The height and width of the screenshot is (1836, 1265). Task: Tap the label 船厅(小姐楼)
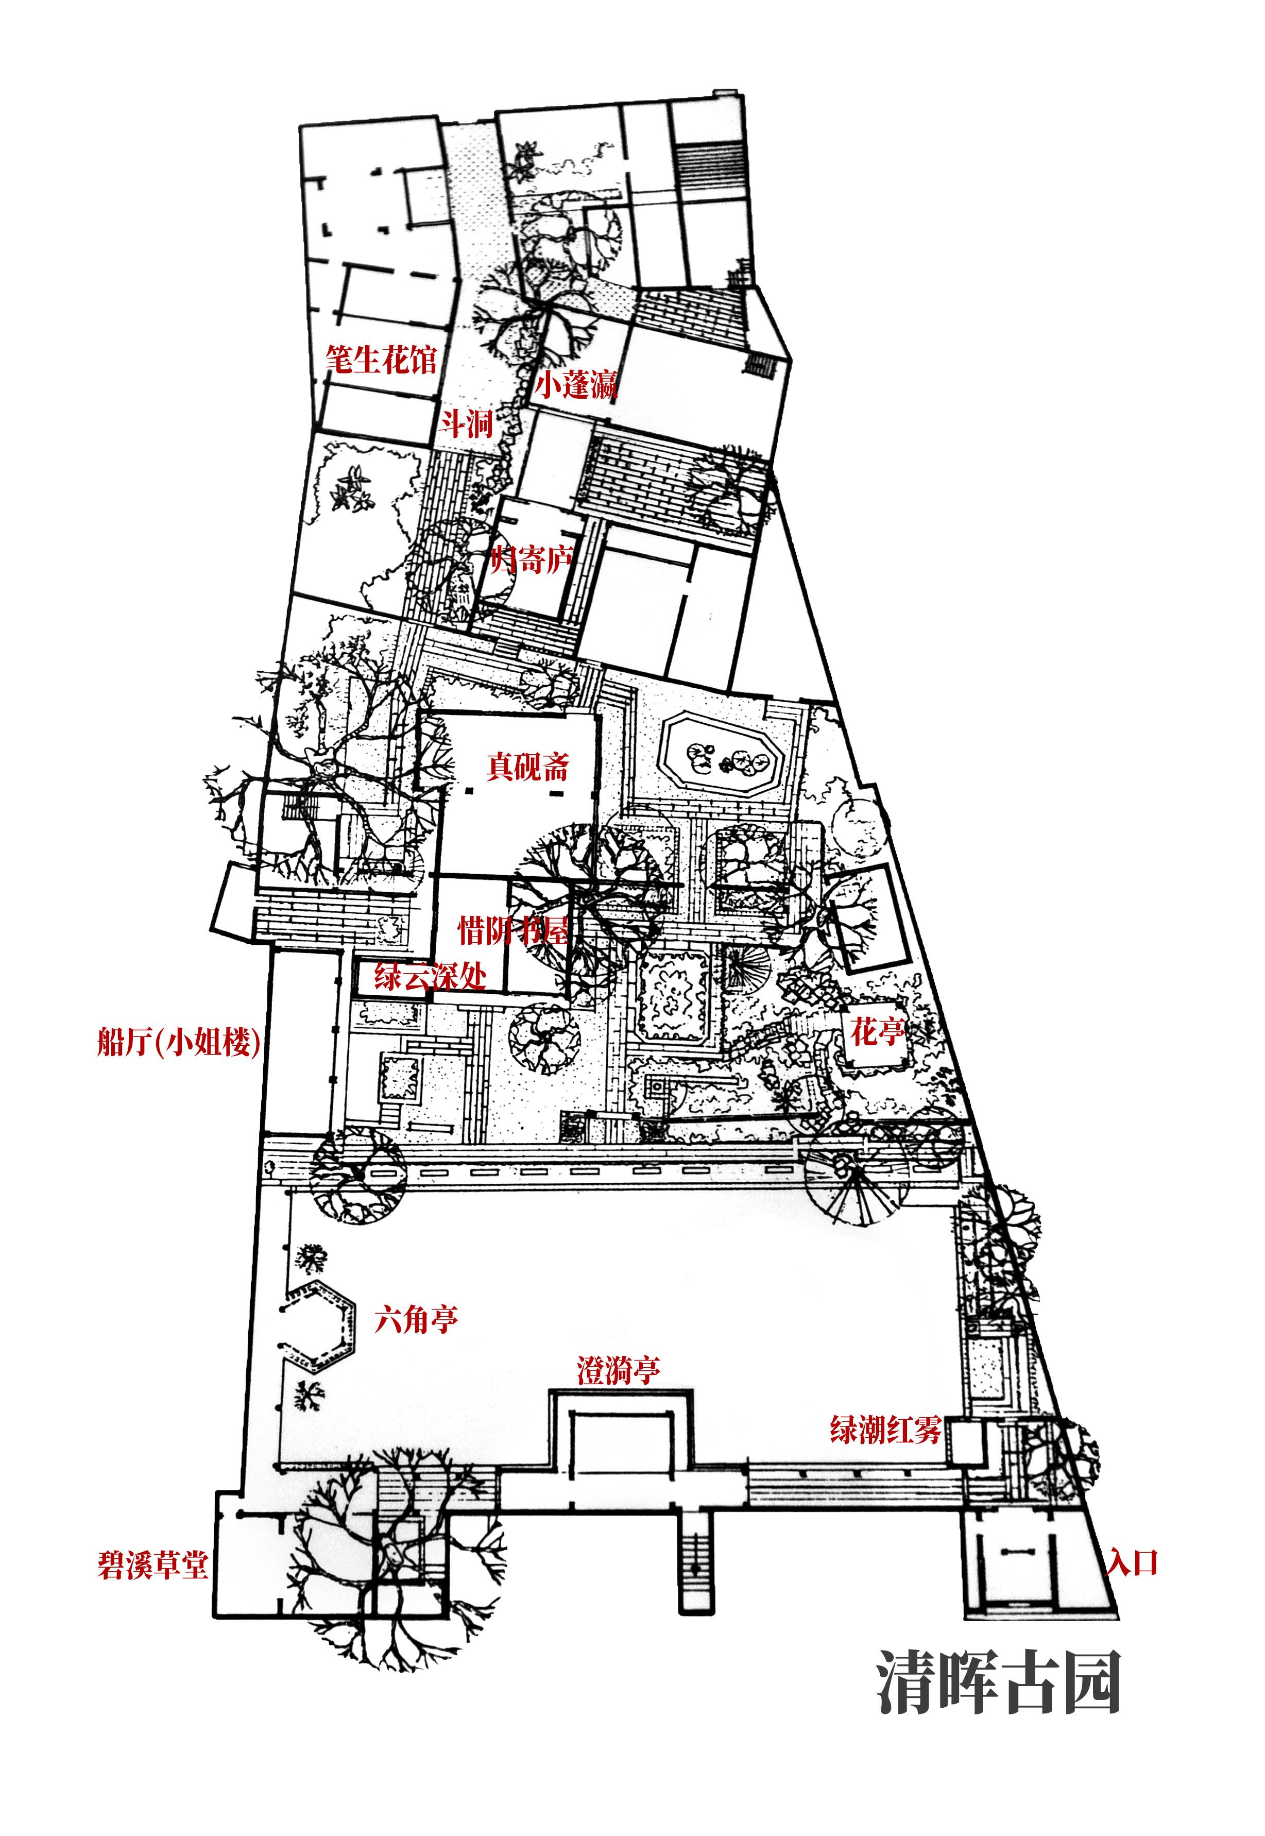pos(178,1042)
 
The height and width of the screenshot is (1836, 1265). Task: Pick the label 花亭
pos(877,1031)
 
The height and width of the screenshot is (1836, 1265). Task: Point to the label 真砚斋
pos(528,767)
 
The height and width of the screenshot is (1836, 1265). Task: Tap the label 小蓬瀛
pos(575,386)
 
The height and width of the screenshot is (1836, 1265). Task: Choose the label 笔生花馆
pos(381,360)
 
